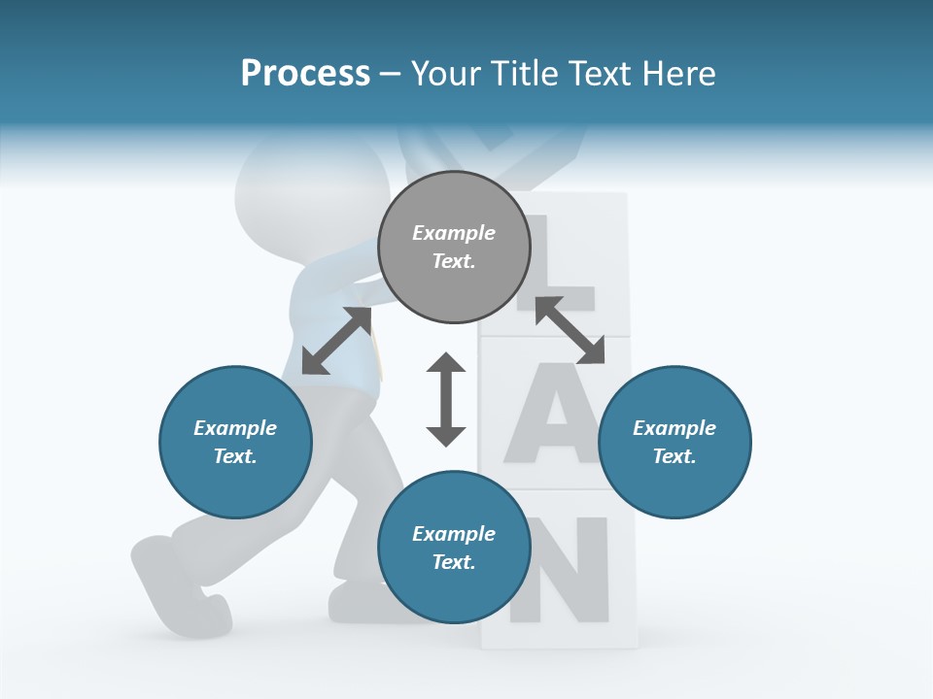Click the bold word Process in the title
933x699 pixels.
tap(305, 74)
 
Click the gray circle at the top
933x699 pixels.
tap(454, 248)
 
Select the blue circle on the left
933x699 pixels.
tap(235, 442)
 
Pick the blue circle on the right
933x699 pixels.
tap(674, 442)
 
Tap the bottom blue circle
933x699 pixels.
tap(454, 548)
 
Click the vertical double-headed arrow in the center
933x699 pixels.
tap(446, 399)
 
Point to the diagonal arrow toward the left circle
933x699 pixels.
tap(336, 341)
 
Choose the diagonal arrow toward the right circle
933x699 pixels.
tap(570, 330)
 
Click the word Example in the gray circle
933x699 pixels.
tap(454, 233)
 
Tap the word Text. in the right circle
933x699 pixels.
tap(674, 456)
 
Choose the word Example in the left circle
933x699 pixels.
tap(235, 428)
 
